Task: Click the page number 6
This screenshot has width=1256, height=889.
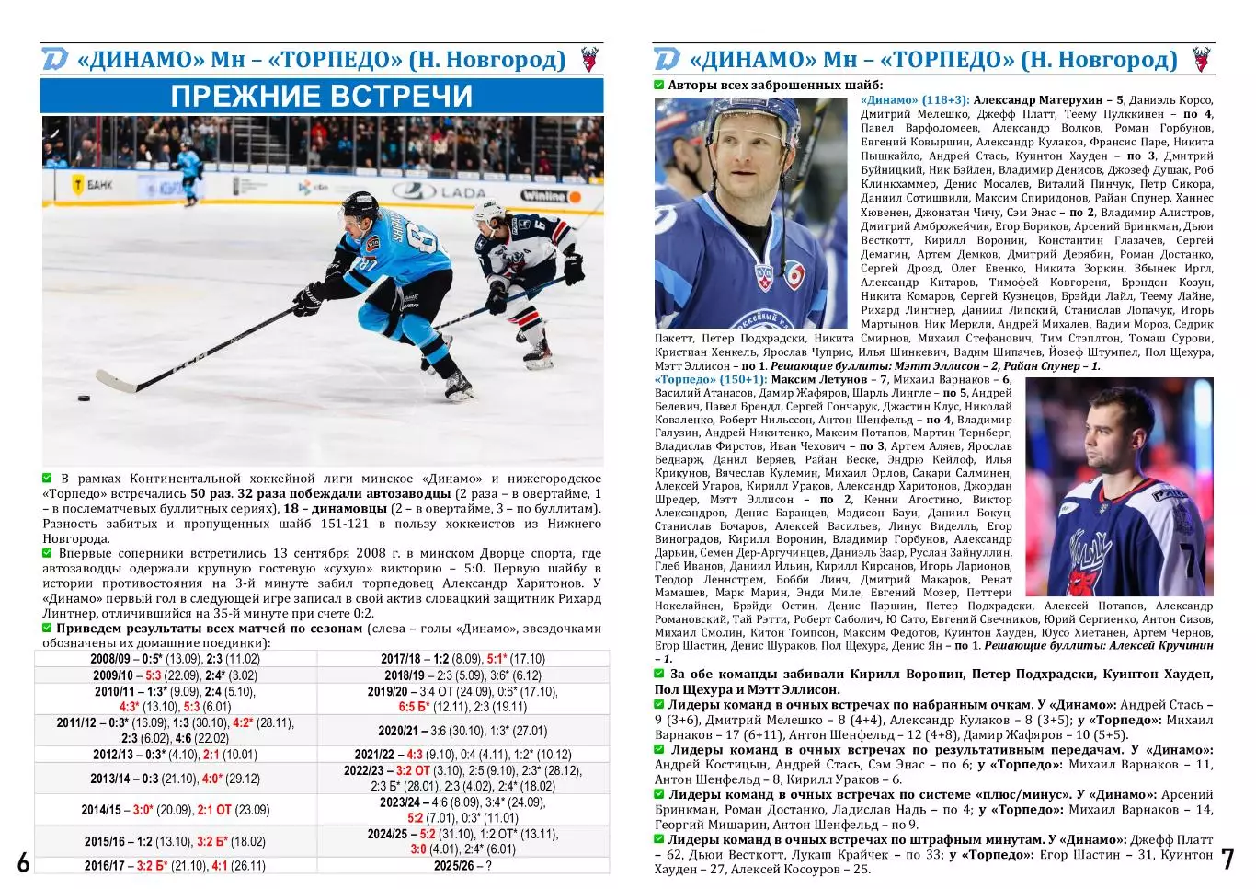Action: (x=24, y=862)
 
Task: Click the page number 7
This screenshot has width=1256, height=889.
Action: (x=1227, y=859)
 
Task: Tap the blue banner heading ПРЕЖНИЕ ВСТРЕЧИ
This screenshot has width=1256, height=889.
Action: (x=322, y=96)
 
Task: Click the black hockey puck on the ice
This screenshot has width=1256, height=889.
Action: (x=84, y=399)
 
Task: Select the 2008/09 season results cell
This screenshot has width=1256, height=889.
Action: (x=175, y=659)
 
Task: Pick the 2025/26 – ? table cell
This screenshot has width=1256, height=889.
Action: (x=462, y=866)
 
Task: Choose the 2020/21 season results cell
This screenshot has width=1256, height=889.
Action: (x=462, y=731)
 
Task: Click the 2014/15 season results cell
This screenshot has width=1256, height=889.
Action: (x=175, y=810)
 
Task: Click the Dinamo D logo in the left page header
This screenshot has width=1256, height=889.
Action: (x=55, y=60)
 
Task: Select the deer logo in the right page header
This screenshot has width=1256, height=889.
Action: (x=1201, y=60)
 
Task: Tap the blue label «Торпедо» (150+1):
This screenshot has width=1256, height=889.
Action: (x=710, y=379)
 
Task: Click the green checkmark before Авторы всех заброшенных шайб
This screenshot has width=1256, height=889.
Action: (x=659, y=86)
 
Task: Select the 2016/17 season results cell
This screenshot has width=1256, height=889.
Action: (x=175, y=866)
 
